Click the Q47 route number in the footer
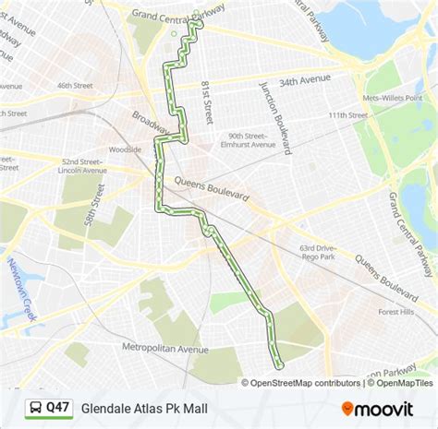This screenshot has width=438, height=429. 58,406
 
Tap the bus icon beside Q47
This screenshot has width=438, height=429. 33,406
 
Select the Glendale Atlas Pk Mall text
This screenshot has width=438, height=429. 144,406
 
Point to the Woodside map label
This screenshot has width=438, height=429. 125,149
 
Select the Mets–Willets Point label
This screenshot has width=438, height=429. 389,96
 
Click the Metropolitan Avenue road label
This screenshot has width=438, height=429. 167,349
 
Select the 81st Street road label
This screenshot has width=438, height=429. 206,101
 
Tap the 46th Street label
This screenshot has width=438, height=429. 76,85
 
